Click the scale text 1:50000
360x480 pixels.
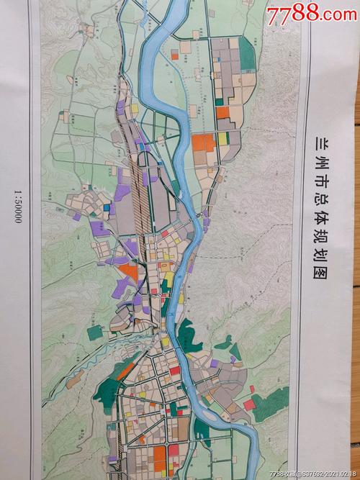(x=18, y=207)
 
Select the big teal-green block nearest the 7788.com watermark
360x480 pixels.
(x=247, y=53)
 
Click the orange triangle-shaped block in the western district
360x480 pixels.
(x=129, y=271)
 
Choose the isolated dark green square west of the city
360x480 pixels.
(x=95, y=332)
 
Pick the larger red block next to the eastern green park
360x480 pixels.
(x=249, y=404)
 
